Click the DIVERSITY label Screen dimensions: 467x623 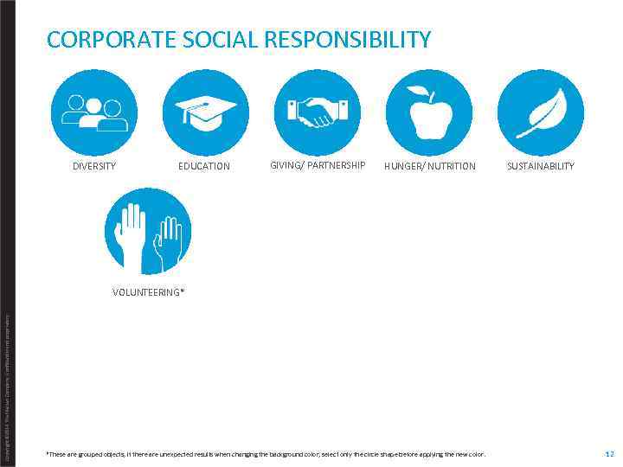pyautogui.click(x=94, y=166)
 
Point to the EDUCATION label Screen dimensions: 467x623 pyautogui.click(x=204, y=166)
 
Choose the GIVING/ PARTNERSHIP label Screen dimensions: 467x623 pyautogui.click(x=318, y=165)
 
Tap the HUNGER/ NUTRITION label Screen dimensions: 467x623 pyautogui.click(x=430, y=166)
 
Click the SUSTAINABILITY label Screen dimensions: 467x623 pyautogui.click(x=541, y=166)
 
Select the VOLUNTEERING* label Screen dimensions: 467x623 pyautogui.click(x=148, y=292)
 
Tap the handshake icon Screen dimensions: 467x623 pyautogui.click(x=318, y=111)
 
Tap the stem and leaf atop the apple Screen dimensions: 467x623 pyautogui.click(x=423, y=93)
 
